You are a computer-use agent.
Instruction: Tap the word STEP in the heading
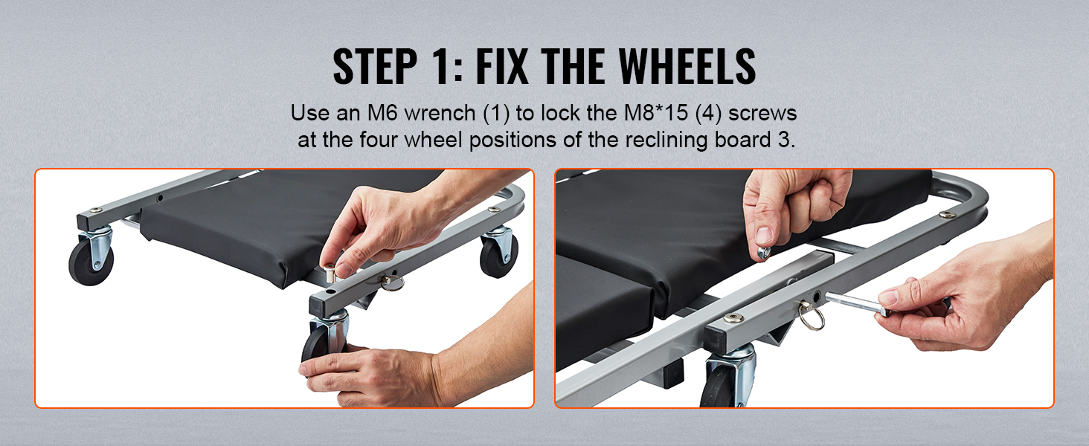[x=375, y=66]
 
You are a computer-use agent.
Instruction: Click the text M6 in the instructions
[x=382, y=113]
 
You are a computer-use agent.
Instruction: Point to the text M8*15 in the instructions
[x=656, y=113]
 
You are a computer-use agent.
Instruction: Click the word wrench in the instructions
[x=440, y=113]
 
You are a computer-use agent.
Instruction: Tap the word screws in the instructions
[x=762, y=114]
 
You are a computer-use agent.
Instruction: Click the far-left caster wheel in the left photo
[x=91, y=262]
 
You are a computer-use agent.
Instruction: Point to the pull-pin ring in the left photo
[x=392, y=282]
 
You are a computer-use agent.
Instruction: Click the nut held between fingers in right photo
[x=763, y=252]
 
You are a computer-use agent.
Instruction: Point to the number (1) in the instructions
[x=496, y=113]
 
